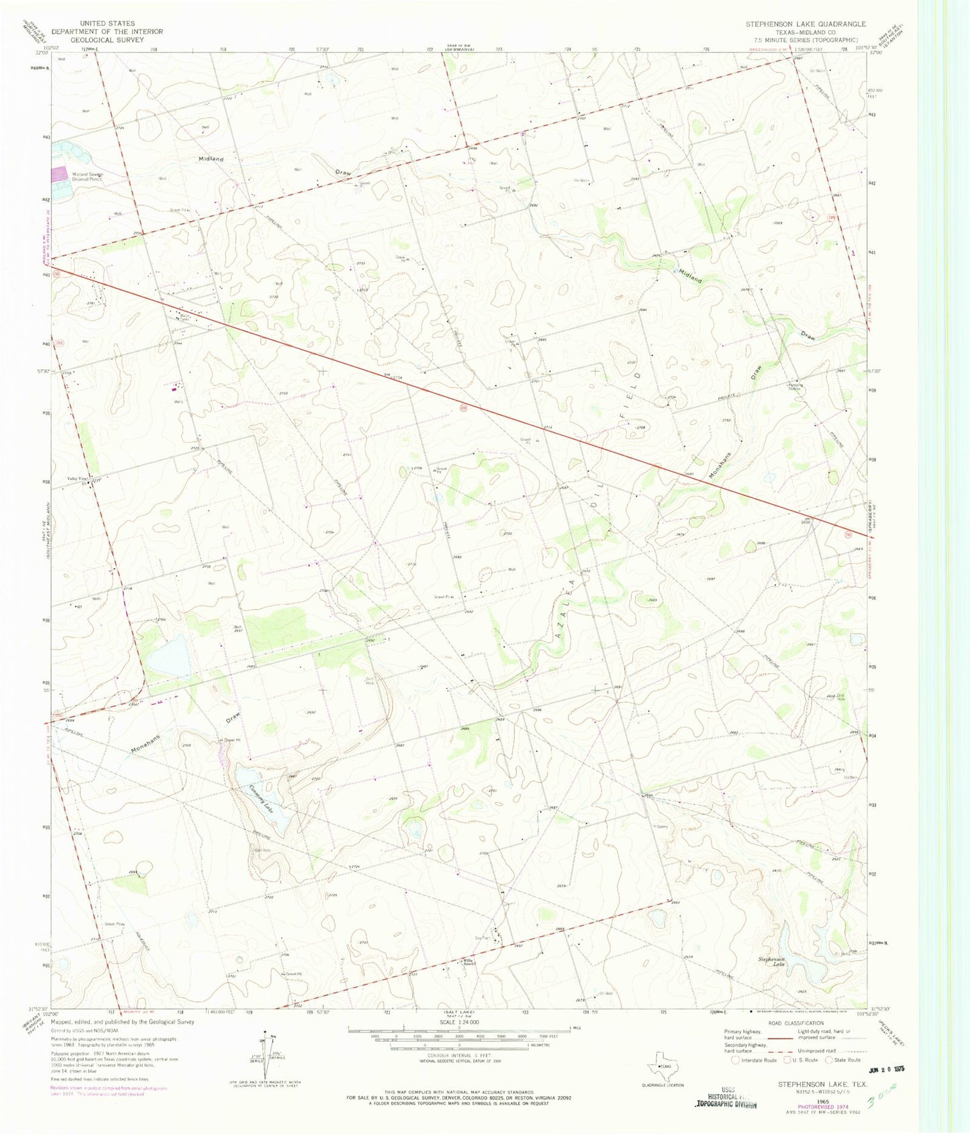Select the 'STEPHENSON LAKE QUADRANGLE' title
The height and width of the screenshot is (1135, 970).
tap(806, 23)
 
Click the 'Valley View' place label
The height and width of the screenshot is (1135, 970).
tap(76, 479)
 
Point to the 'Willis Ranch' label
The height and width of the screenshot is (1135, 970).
tap(468, 961)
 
